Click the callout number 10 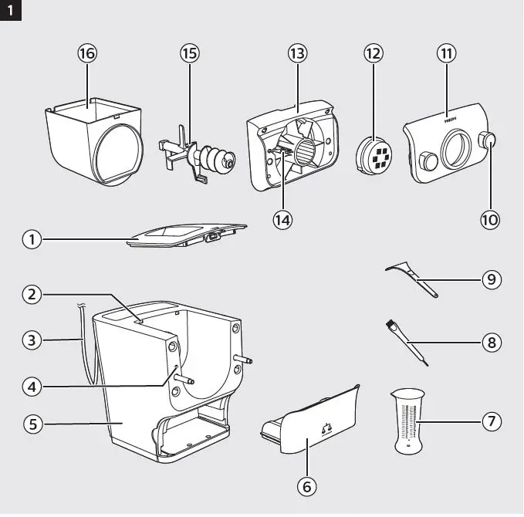pos(490,219)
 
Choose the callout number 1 pos(32,240)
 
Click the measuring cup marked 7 pos(409,421)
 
